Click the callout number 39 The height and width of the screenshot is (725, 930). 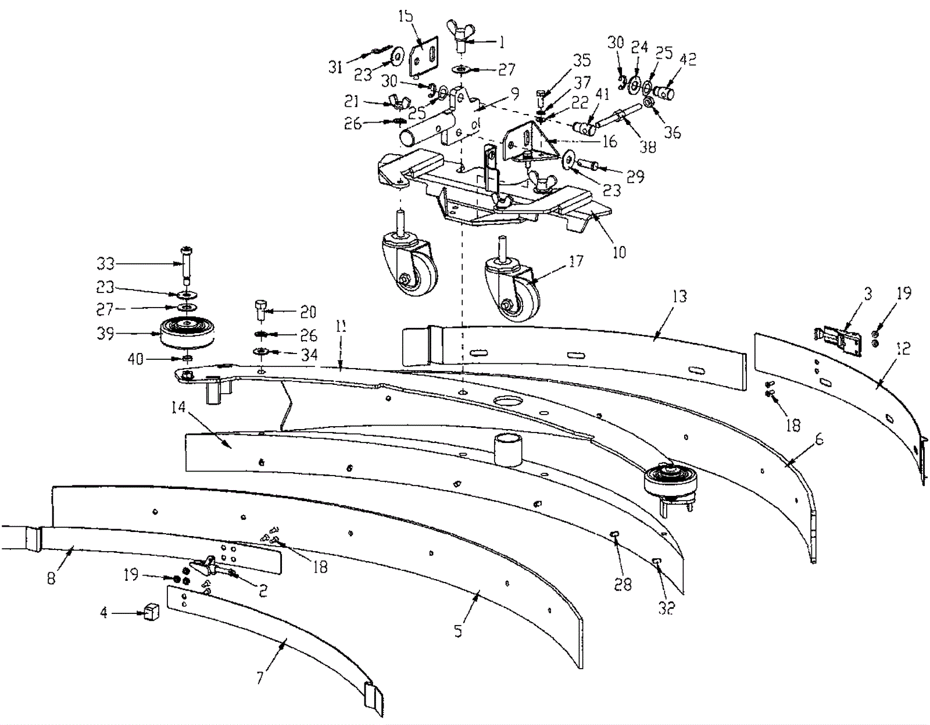point(105,334)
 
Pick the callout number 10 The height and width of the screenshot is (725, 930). point(620,252)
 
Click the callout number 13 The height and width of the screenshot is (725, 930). point(679,297)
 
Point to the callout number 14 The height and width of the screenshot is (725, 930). point(178,408)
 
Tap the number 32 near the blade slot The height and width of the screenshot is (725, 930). point(666,608)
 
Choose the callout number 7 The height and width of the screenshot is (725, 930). point(260,677)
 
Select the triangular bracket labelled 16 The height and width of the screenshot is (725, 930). point(523,142)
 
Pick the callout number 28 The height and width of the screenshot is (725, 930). point(623,584)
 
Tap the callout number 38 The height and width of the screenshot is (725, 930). point(648,147)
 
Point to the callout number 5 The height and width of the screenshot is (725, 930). point(458,630)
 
